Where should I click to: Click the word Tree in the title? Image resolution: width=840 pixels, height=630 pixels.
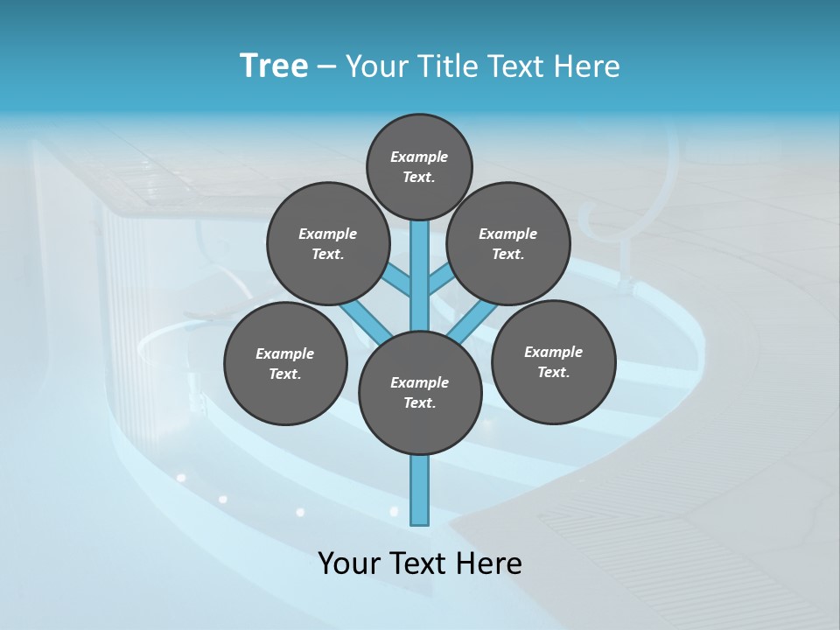tap(274, 66)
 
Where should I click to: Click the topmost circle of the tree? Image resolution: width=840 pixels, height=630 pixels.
tap(419, 166)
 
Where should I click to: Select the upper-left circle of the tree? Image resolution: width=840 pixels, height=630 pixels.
tap(328, 243)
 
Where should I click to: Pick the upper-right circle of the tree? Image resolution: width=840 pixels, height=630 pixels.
tap(508, 243)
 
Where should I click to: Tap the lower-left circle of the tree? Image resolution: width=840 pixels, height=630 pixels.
tap(285, 363)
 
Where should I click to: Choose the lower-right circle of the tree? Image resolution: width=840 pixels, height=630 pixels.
tap(553, 361)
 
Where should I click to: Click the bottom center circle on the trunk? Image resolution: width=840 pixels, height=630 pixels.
tap(420, 392)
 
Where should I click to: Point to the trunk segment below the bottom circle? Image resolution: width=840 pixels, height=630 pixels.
tap(420, 490)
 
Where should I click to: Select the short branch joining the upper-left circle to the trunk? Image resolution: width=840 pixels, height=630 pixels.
tap(399, 281)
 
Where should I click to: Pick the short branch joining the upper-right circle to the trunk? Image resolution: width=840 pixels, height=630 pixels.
tap(441, 281)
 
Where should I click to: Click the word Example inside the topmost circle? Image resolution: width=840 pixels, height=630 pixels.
tap(419, 157)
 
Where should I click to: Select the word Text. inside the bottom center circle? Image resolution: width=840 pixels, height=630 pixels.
tap(419, 402)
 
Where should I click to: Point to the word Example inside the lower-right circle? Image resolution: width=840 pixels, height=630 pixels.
tap(553, 352)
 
